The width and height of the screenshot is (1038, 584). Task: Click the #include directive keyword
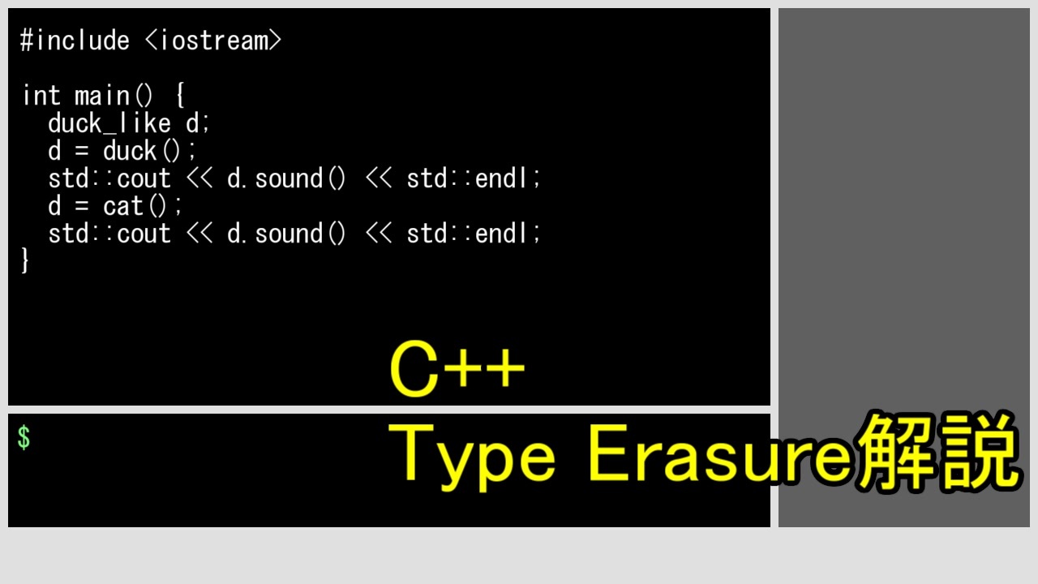click(75, 41)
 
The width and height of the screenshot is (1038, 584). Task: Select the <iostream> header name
click(213, 41)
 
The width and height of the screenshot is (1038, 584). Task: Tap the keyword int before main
click(41, 96)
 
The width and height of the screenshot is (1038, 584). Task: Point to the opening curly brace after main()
click(180, 97)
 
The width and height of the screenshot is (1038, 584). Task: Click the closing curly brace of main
click(25, 261)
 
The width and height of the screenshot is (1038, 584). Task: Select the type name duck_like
click(109, 123)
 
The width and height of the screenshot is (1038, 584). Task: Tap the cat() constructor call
click(143, 206)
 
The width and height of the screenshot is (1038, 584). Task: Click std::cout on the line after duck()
click(109, 178)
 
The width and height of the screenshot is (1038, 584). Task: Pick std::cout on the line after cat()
click(109, 234)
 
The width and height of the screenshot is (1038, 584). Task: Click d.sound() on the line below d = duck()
click(286, 178)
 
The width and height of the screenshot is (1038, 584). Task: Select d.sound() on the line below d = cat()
click(286, 234)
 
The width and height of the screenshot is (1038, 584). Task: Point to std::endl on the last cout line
click(473, 234)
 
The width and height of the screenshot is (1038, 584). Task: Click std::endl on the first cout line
click(473, 178)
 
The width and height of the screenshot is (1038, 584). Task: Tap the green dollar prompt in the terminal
click(24, 438)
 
